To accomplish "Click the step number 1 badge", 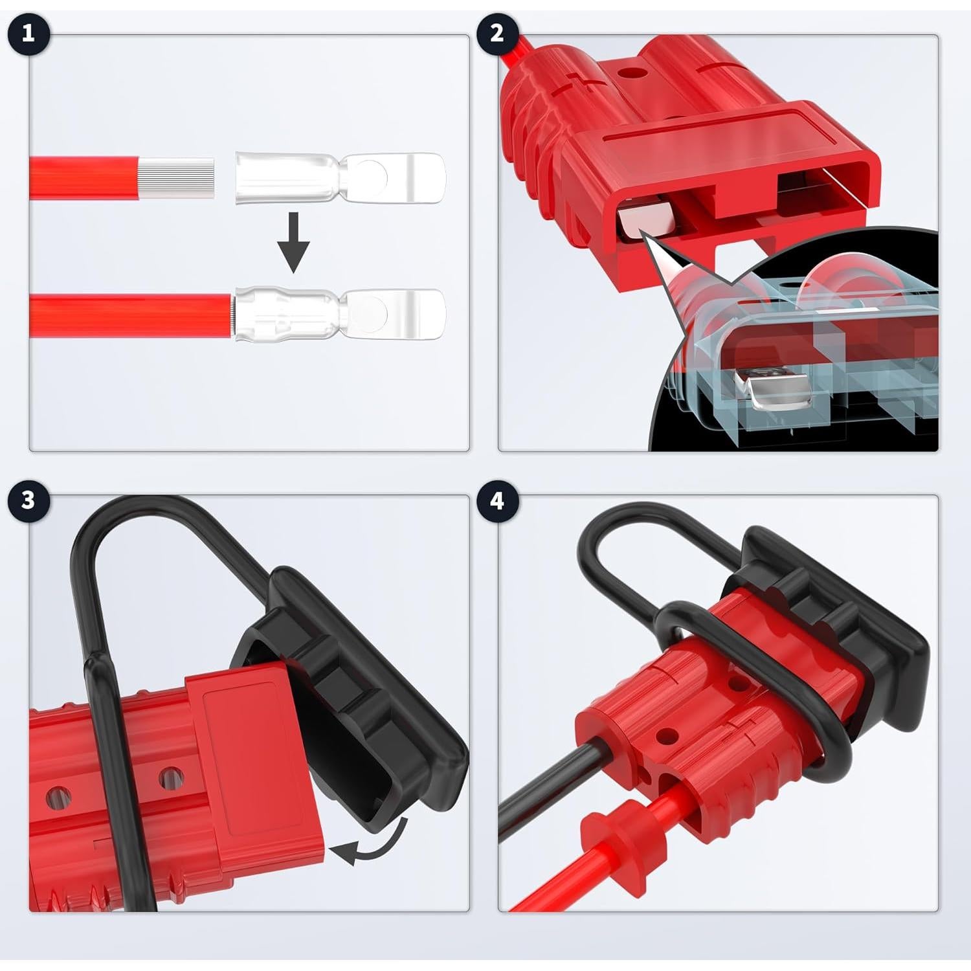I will [28, 34].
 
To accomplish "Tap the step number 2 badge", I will [497, 34].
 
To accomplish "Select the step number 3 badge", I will [28, 500].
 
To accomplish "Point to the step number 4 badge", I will [497, 500].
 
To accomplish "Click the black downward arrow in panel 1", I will [293, 242].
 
